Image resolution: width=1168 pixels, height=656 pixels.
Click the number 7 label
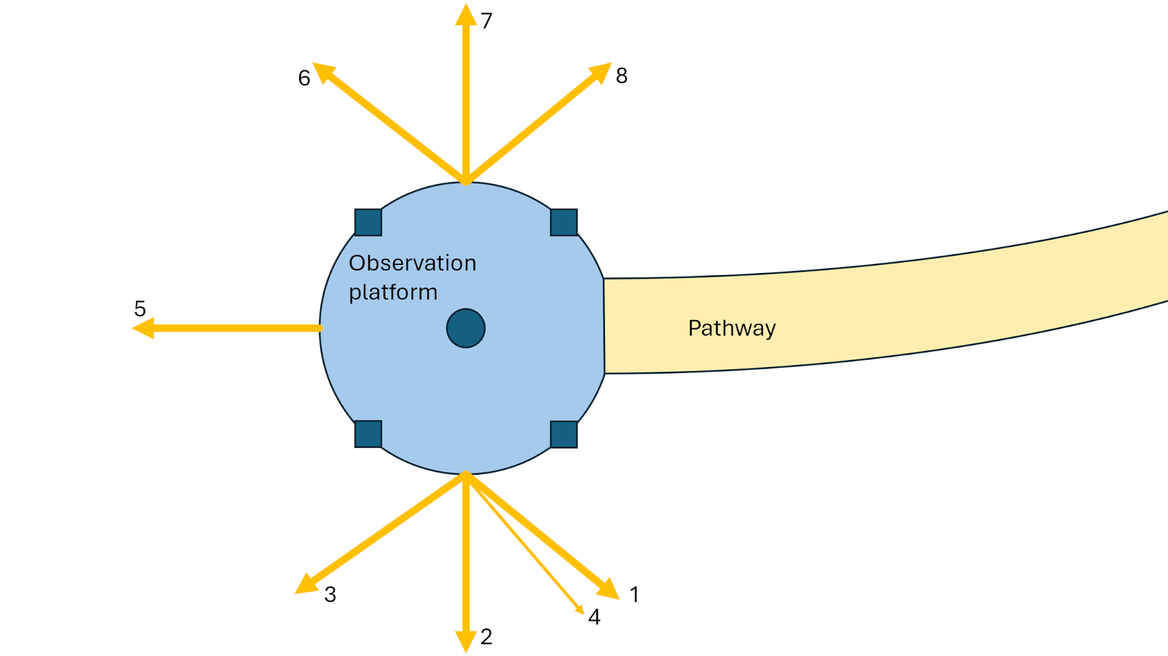[487, 21]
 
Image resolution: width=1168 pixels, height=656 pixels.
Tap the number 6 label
[304, 78]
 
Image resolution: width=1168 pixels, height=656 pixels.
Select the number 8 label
[621, 75]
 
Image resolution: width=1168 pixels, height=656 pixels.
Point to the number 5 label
[140, 309]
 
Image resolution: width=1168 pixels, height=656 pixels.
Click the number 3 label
[330, 595]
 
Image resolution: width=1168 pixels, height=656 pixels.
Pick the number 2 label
[486, 637]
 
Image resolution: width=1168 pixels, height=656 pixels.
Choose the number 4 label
[595, 617]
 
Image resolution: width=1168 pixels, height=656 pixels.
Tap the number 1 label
[635, 595]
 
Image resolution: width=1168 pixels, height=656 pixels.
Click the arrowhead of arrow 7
[466, 15]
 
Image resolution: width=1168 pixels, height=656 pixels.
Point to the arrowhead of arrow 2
[466, 641]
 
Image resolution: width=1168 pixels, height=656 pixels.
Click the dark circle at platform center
[466, 329]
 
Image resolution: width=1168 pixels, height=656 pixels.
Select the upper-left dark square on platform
[369, 222]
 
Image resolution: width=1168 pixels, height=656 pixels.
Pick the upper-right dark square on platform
[564, 222]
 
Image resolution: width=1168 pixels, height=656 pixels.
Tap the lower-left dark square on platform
[369, 434]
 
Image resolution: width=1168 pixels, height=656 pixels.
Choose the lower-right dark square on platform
[564, 434]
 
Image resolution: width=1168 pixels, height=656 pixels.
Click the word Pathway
[732, 328]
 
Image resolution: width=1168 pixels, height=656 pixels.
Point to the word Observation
[412, 263]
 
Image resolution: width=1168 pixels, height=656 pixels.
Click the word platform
[393, 292]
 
